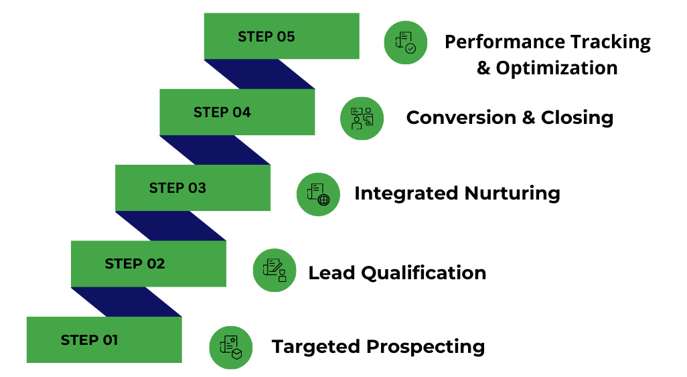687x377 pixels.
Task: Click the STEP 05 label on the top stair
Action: pos(266,37)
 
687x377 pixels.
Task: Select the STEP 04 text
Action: pos(222,112)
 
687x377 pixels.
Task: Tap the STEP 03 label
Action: pos(177,188)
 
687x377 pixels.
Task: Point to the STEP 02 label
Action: pos(135,264)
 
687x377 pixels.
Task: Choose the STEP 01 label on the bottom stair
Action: pos(89,340)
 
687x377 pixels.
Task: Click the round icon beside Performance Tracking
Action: pos(405,42)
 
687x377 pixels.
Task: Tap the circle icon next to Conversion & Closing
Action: pos(362,119)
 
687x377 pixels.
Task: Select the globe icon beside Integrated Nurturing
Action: pos(318,194)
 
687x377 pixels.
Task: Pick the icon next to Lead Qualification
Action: pos(275,271)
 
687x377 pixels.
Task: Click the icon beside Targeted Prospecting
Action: pos(231,347)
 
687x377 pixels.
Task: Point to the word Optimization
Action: pos(556,68)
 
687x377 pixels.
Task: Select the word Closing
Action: pos(577,118)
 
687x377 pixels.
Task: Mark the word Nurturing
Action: pos(512,194)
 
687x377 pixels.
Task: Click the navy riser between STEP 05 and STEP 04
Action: pos(260,74)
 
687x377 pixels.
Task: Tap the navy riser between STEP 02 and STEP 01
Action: pos(127,302)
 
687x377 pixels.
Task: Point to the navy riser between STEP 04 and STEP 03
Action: pos(215,150)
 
